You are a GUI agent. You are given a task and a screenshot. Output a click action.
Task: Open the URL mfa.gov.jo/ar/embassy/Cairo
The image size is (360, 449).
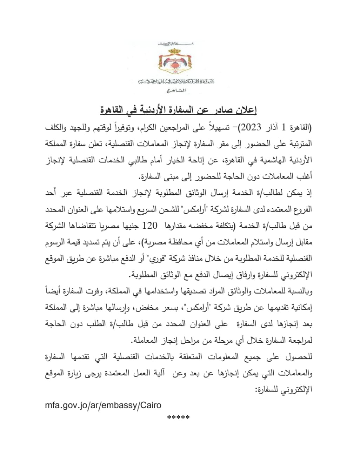[x=103, y=405]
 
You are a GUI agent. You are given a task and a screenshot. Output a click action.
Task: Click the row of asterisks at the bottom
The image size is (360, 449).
[x=179, y=418]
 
